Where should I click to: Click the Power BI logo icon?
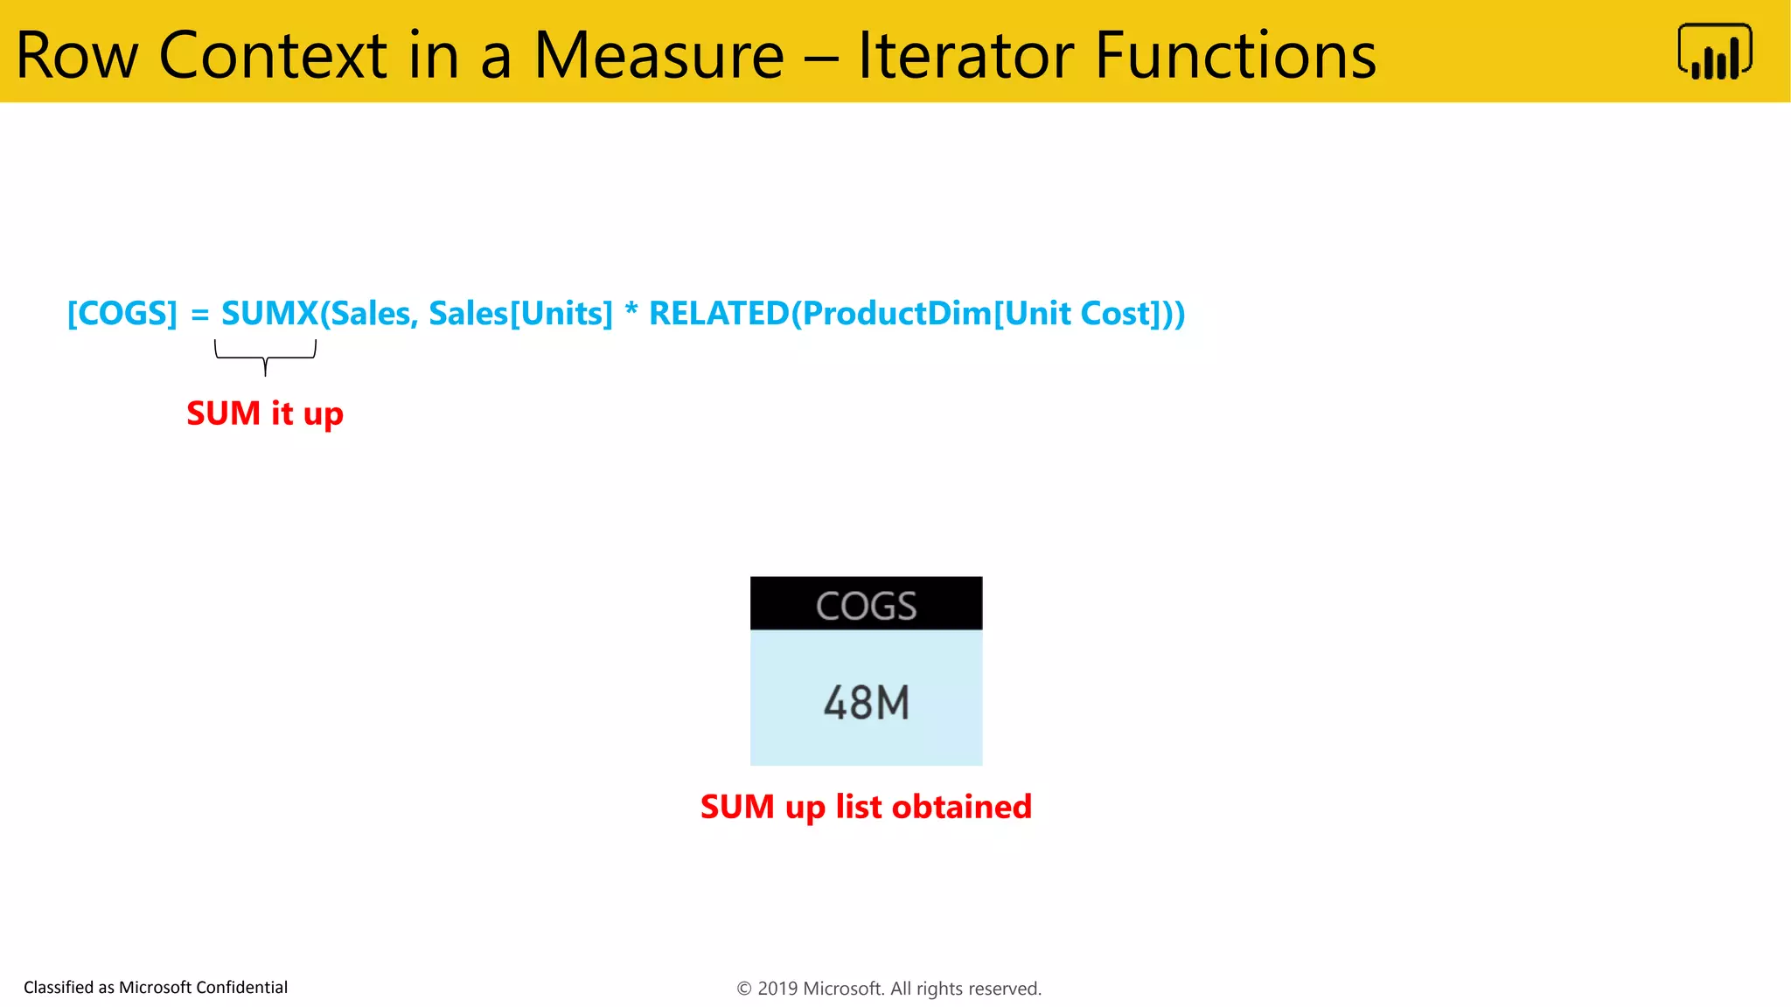coord(1714,52)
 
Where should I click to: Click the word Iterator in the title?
coord(966,55)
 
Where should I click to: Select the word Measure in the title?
coord(659,55)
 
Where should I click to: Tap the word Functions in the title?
coord(1235,55)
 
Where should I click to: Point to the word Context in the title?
coord(272,55)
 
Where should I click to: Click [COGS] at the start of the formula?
coord(122,313)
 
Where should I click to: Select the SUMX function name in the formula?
coord(269,313)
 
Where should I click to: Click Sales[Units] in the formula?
coord(520,313)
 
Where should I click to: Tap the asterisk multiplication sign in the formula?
coord(631,311)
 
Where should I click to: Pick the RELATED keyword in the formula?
coord(719,313)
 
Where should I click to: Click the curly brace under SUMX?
coord(265,358)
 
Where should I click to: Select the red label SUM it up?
coord(265,413)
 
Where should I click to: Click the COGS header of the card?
coord(866,604)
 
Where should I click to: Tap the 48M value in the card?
coord(866,702)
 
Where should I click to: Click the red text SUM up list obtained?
coord(866,806)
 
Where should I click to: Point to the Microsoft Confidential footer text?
coord(156,987)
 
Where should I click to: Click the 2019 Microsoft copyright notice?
coord(889,989)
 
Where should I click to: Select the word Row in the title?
coord(77,55)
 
